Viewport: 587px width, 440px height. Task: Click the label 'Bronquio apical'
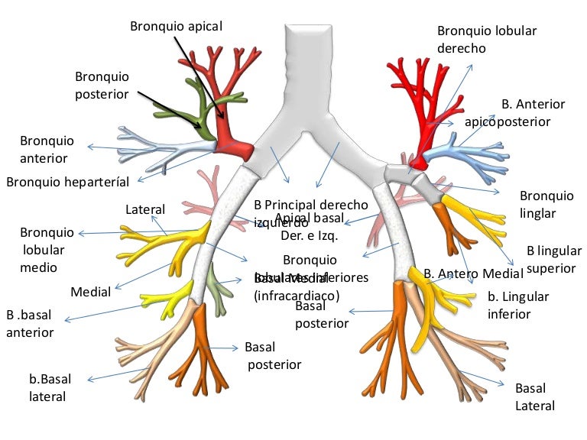tap(176, 26)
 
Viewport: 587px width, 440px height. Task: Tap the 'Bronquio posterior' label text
tap(102, 85)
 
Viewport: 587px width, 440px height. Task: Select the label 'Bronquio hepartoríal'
tap(67, 182)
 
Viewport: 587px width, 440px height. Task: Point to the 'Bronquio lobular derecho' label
tap(487, 39)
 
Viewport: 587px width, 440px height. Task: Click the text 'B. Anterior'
tap(533, 104)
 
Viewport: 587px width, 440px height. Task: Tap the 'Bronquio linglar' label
tap(546, 204)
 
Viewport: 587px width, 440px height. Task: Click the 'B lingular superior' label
tap(553, 259)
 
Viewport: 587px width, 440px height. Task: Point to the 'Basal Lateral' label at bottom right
tap(534, 396)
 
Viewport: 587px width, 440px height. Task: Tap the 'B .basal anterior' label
tap(31, 323)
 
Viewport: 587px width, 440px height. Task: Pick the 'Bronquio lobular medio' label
tap(47, 250)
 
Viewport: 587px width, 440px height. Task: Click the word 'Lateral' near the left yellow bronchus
tap(144, 209)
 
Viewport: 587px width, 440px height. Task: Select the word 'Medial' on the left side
tap(90, 291)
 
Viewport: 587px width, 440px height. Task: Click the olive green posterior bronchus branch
tap(197, 111)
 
